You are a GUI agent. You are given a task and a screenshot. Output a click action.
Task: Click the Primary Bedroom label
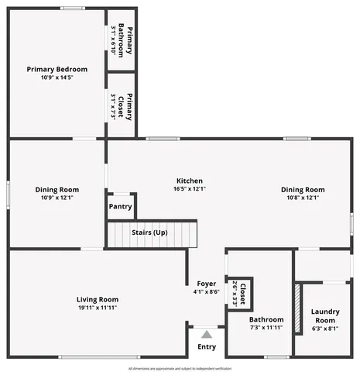[57, 69]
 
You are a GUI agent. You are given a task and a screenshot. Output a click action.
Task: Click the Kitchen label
[189, 179]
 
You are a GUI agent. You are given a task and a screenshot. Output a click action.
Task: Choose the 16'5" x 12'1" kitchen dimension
[189, 188]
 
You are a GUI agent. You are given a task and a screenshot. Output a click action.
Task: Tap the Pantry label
[120, 207]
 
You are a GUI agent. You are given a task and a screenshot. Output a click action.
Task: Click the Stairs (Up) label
[149, 232]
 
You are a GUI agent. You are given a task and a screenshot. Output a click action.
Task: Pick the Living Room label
[98, 299]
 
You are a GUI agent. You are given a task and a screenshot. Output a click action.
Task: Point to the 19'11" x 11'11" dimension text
[98, 308]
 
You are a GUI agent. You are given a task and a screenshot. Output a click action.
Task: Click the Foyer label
[206, 284]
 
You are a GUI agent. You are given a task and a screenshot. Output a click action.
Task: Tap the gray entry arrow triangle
[207, 334]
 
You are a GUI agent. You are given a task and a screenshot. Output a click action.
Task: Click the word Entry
[207, 346]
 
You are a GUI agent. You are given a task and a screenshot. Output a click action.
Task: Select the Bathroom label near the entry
[266, 319]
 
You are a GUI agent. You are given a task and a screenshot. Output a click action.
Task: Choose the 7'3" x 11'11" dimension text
[266, 328]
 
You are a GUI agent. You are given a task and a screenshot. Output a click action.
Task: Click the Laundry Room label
[324, 315]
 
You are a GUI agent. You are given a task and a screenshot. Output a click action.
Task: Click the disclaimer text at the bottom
[180, 367]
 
